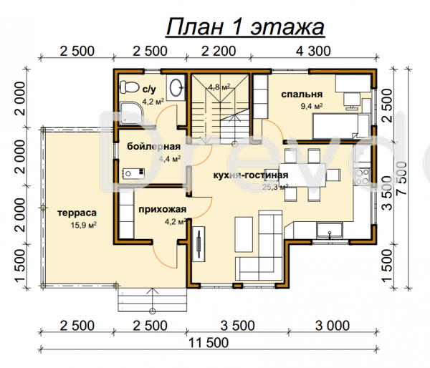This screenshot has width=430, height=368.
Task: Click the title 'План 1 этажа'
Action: tap(245, 27)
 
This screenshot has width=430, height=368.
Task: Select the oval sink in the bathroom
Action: tap(176, 87)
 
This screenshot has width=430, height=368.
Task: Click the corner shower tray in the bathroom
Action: tap(131, 113)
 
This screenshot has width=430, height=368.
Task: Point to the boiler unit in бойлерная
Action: tap(133, 173)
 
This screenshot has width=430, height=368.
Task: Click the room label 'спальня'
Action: tap(302, 95)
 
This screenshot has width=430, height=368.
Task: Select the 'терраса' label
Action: tap(77, 213)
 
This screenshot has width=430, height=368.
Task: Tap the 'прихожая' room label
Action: tap(163, 210)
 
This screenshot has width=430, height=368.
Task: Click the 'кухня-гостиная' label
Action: tap(251, 175)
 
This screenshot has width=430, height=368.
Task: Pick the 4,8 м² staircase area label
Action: tap(219, 87)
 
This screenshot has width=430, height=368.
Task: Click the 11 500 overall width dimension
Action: tap(209, 343)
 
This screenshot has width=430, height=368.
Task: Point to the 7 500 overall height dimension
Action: tap(403, 178)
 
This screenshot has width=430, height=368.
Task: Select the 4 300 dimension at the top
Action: tap(313, 52)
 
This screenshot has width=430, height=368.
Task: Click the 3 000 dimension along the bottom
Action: tap(333, 326)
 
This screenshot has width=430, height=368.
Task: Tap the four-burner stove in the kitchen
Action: tap(362, 177)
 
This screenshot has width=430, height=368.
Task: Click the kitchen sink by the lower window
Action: tap(330, 231)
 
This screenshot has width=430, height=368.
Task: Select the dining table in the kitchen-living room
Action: tap(302, 175)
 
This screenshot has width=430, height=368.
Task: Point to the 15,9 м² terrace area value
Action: tap(84, 226)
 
